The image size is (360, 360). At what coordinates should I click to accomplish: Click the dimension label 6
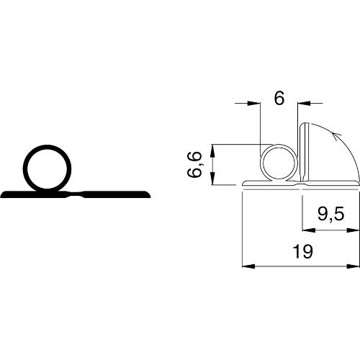[x=279, y=98]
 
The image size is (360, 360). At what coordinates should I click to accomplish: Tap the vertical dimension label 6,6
[x=194, y=165]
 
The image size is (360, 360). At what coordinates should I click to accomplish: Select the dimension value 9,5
[x=331, y=215]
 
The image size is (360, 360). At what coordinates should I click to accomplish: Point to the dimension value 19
[x=303, y=251]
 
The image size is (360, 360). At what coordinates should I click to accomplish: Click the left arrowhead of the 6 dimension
[x=253, y=103]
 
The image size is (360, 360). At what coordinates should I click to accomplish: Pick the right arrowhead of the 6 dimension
[x=304, y=103]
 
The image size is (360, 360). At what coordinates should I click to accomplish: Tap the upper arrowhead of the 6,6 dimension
[x=212, y=150]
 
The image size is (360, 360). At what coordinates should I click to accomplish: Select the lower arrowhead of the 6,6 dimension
[x=212, y=179]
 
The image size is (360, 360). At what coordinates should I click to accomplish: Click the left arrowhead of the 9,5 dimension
[x=309, y=230]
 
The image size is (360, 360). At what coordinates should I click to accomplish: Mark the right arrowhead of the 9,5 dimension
[x=353, y=230]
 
